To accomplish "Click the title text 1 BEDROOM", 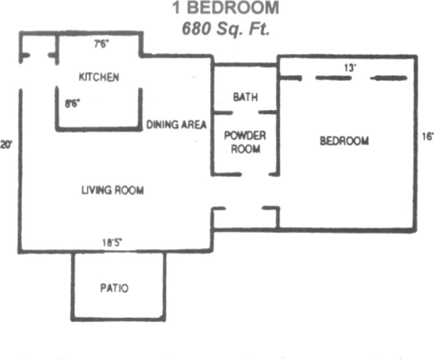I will coord(226,8).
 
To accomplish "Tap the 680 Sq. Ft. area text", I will coord(226,29).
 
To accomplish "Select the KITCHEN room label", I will coord(99,77).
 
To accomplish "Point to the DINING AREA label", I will coord(177,125).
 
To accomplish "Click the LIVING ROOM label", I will coord(112,191).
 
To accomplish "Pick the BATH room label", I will coord(245,97).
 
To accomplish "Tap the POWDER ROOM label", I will coord(245,142).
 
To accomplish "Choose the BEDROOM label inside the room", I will coord(344,141).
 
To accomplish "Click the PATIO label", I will coord(114,288).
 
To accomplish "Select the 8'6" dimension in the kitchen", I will coord(73,103).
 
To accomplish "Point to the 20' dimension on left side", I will coord(6,144).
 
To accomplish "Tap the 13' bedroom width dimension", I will coord(350,68).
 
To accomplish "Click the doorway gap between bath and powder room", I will coord(245,112).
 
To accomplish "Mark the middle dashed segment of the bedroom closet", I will coord(333,78).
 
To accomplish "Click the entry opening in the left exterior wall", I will coord(20,76).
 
